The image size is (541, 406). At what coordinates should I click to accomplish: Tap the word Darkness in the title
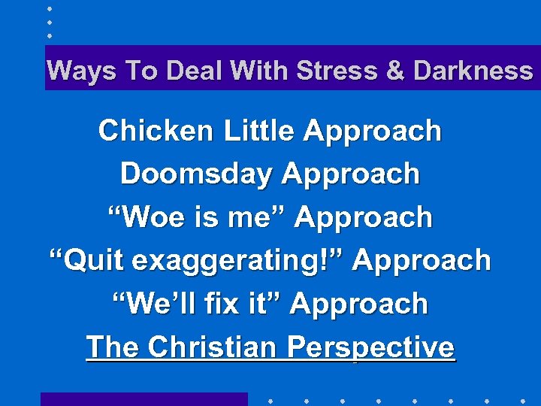[x=473, y=71]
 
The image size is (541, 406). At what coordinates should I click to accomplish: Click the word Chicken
[x=156, y=131]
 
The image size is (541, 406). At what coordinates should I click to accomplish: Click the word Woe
[x=144, y=217]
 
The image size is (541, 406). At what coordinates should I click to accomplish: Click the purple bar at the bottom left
[x=144, y=399]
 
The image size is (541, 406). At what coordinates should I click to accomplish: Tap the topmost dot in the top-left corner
[x=49, y=9]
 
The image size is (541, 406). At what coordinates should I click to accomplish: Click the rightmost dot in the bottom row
[x=522, y=400]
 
